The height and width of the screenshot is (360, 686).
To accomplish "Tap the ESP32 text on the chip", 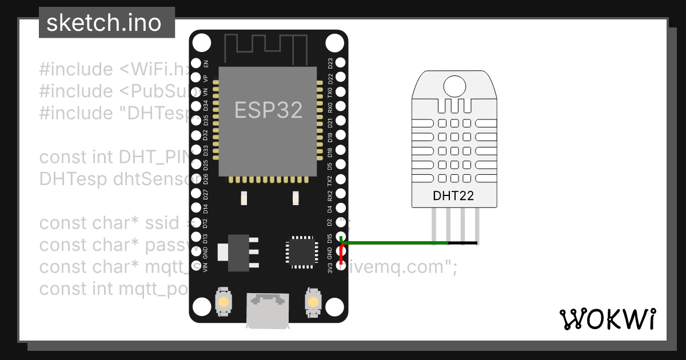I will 268,110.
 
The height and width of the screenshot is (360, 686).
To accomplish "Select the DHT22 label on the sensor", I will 453,196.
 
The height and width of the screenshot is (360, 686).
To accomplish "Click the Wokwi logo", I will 607,319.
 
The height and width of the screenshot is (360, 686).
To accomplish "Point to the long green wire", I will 389,243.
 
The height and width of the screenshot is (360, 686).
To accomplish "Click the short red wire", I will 341,255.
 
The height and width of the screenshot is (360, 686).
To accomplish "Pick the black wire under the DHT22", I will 463,243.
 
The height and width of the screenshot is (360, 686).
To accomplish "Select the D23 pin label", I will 330,63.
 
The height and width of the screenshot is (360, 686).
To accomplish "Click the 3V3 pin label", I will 330,267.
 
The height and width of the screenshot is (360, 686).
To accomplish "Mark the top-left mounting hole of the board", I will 201,43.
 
